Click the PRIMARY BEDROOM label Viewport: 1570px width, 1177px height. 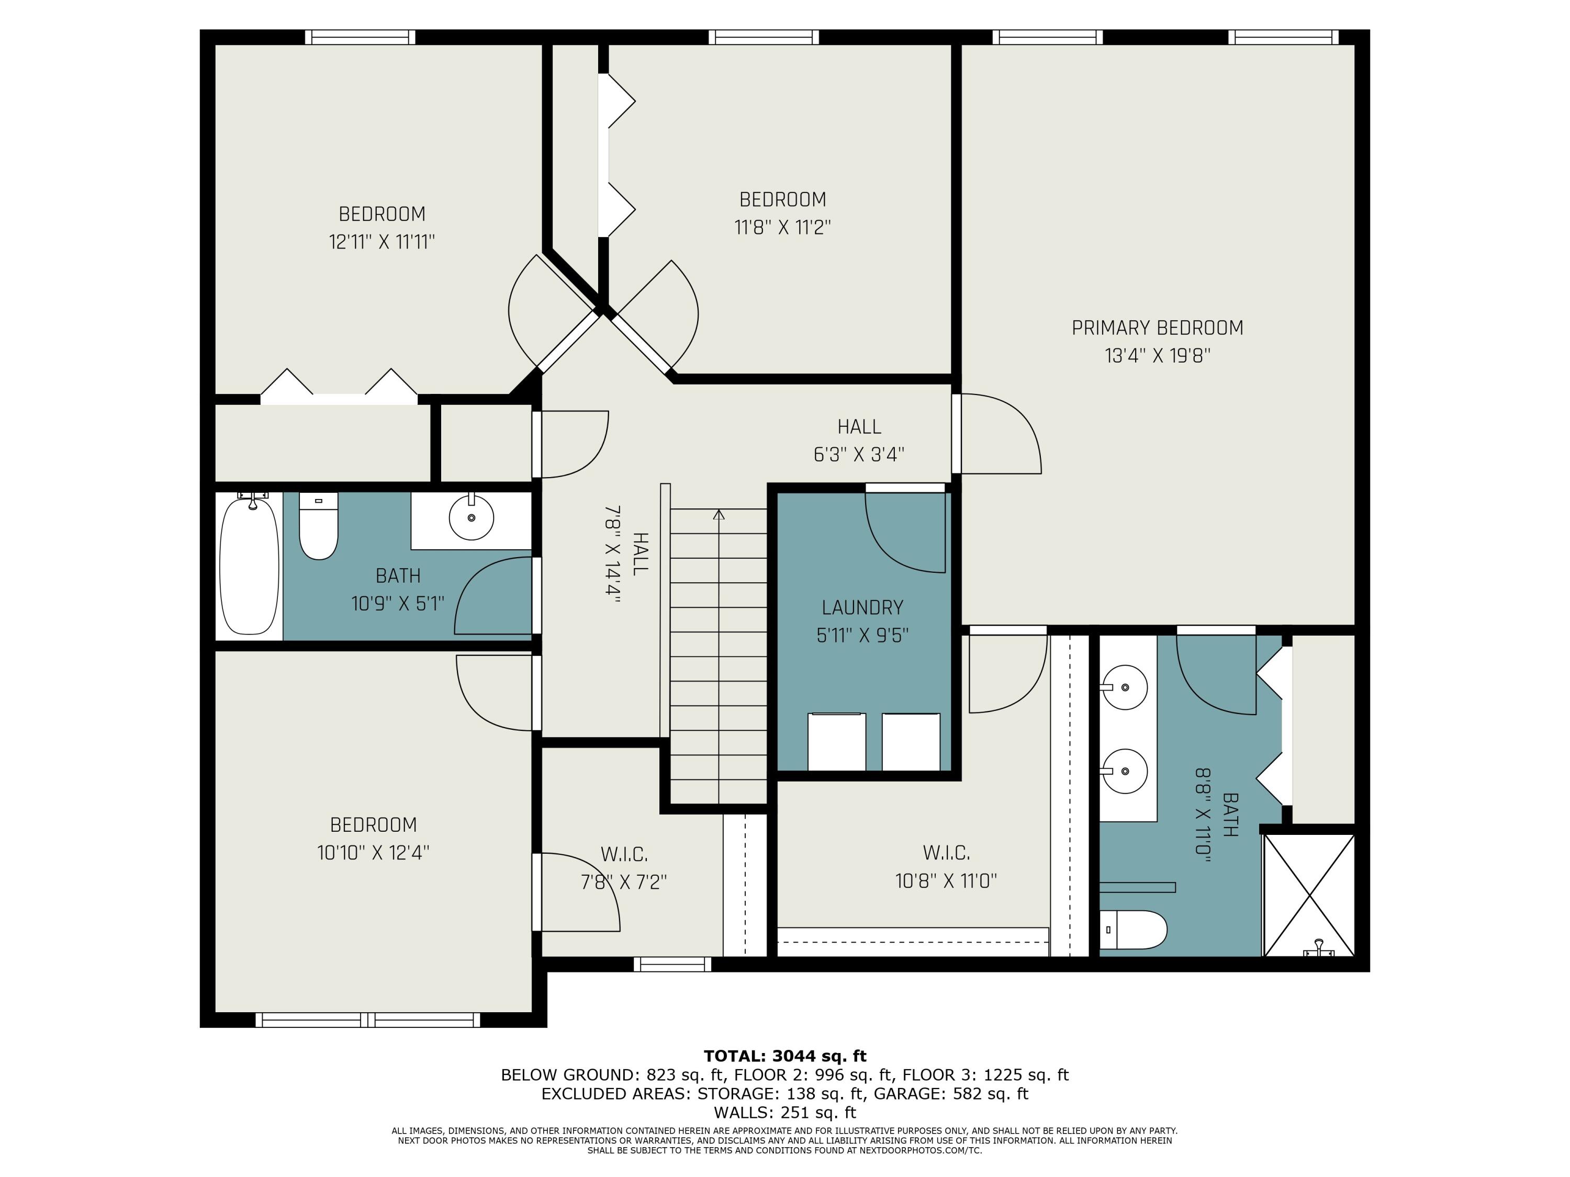tap(1157, 328)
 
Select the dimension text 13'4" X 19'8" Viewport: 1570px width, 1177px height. tap(1157, 355)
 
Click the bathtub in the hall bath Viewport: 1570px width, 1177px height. tap(249, 565)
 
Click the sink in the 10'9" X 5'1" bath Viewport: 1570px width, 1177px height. tap(472, 517)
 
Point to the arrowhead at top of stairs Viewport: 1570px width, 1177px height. tap(719, 514)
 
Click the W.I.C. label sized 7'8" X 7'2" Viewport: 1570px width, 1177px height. tap(624, 854)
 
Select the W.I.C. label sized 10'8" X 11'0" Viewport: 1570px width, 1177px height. tap(946, 852)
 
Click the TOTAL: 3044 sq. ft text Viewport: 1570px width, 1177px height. tap(785, 1056)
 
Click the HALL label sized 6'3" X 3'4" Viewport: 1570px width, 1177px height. tap(859, 426)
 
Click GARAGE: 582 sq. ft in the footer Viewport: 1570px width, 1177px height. tap(950, 1094)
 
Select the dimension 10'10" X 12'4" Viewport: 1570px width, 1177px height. tap(373, 853)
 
